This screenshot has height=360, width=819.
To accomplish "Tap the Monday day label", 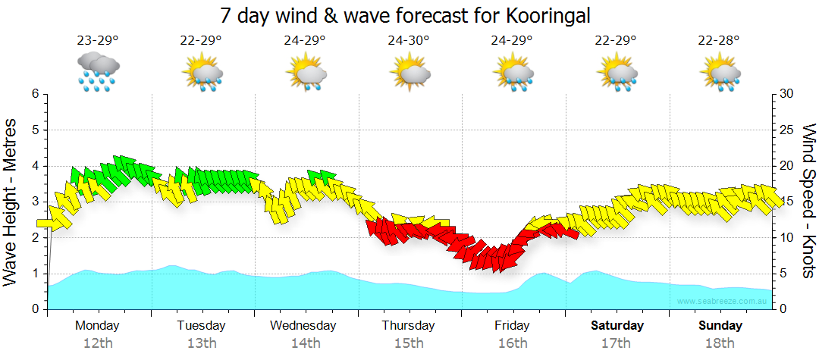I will [97, 326].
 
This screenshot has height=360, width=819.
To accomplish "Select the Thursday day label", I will [408, 326].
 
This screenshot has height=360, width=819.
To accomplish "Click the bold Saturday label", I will [617, 326].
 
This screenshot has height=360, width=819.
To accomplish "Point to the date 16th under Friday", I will [513, 343].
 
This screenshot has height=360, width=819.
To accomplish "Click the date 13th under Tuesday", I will [201, 343].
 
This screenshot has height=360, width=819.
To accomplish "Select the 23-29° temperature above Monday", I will [98, 41].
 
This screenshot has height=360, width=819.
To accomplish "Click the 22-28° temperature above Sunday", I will [720, 41].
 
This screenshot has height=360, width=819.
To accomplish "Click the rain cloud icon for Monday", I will [98, 71].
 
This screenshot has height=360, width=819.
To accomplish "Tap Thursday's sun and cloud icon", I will [409, 73].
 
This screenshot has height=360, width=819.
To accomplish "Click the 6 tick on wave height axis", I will [35, 94].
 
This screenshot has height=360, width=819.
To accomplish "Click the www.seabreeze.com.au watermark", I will [723, 301].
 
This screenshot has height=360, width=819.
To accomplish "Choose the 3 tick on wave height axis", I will [35, 202].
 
